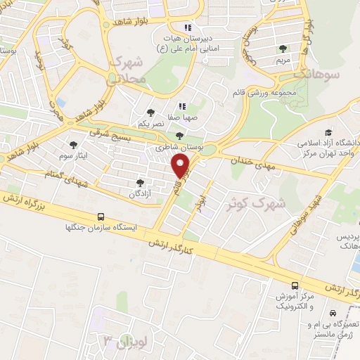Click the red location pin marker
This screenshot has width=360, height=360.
coord(181,166)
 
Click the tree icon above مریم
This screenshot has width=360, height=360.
coord(283,49)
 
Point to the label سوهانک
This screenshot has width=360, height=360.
coord(318,73)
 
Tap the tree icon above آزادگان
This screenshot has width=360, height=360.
coord(139,181)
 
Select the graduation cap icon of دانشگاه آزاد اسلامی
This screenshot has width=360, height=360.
coord(328,133)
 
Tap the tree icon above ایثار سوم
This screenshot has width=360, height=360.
coord(73,145)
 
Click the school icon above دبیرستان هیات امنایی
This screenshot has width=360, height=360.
coord(187,27)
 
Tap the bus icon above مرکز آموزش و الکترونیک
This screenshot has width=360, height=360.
coord(294,285)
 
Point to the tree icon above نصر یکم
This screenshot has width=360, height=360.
coord(150,111)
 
